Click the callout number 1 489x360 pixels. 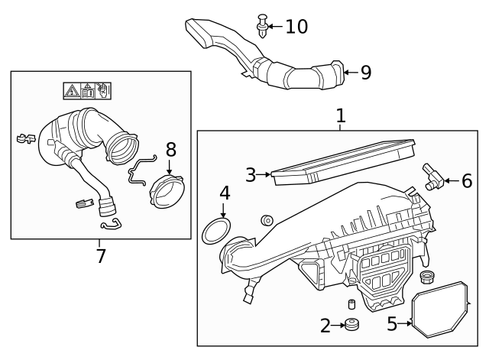click(x=341, y=116)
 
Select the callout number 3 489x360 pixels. click(x=251, y=175)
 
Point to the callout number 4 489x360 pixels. click(x=225, y=193)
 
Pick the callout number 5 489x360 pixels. click(x=393, y=324)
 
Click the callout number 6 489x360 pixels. click(x=466, y=181)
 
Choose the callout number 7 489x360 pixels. click(x=101, y=255)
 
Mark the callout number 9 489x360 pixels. click(x=365, y=73)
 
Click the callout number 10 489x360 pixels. click(x=296, y=27)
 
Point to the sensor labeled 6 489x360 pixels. click(x=434, y=177)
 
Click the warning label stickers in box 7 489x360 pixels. click(x=88, y=92)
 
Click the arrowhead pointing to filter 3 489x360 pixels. click(x=269, y=175)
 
